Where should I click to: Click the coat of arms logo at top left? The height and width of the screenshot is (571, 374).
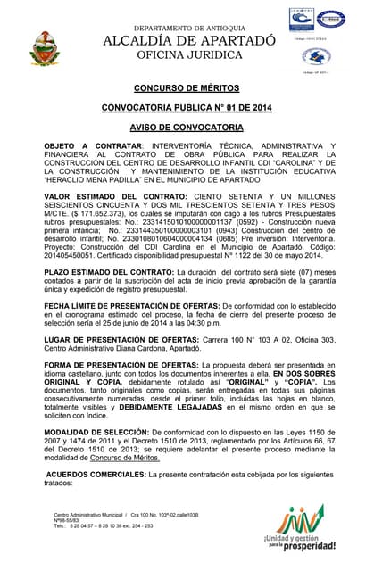click(x=44, y=47)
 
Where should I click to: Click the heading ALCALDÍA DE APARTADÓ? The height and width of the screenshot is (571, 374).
click(x=189, y=41)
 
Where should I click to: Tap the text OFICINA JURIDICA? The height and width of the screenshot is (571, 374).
click(x=189, y=56)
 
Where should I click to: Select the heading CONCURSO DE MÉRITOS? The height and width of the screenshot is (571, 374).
click(x=187, y=89)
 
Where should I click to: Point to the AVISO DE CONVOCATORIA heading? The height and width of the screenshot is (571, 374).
click(x=187, y=126)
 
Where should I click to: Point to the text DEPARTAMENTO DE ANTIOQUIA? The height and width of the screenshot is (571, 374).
click(x=189, y=28)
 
